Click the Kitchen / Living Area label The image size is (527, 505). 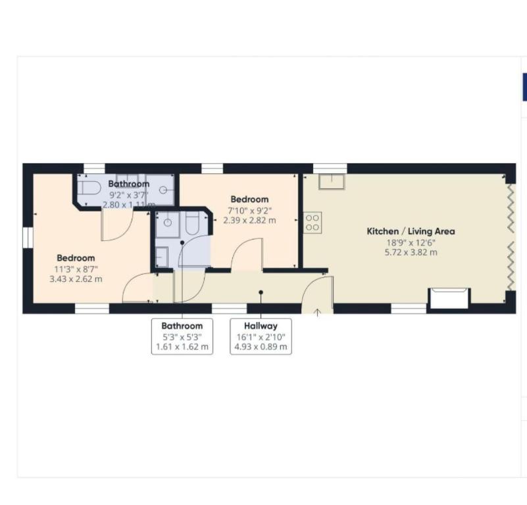click(x=411, y=232)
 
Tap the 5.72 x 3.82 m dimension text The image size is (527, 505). click(x=411, y=252)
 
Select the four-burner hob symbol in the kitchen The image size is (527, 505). click(x=313, y=223)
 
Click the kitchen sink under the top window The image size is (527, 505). click(x=332, y=182)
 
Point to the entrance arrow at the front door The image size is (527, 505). click(x=317, y=313)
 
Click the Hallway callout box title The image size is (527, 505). click(x=261, y=326)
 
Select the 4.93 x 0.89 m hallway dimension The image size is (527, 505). click(x=261, y=346)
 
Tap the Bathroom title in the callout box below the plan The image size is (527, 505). click(x=182, y=326)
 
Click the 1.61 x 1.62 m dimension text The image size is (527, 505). click(x=182, y=346)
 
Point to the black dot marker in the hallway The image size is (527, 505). click(x=261, y=292)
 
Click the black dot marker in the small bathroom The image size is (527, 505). click(x=182, y=242)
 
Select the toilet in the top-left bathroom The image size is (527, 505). click(x=89, y=188)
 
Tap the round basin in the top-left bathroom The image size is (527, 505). click(x=163, y=190)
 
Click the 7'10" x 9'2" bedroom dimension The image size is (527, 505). click(x=250, y=211)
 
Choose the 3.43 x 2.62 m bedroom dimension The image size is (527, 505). click(x=76, y=279)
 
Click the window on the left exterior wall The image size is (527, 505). click(x=28, y=238)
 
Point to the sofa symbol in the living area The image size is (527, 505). click(x=449, y=298)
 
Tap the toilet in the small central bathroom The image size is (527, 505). click(x=193, y=223)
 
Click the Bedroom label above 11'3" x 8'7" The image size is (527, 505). click(x=76, y=258)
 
